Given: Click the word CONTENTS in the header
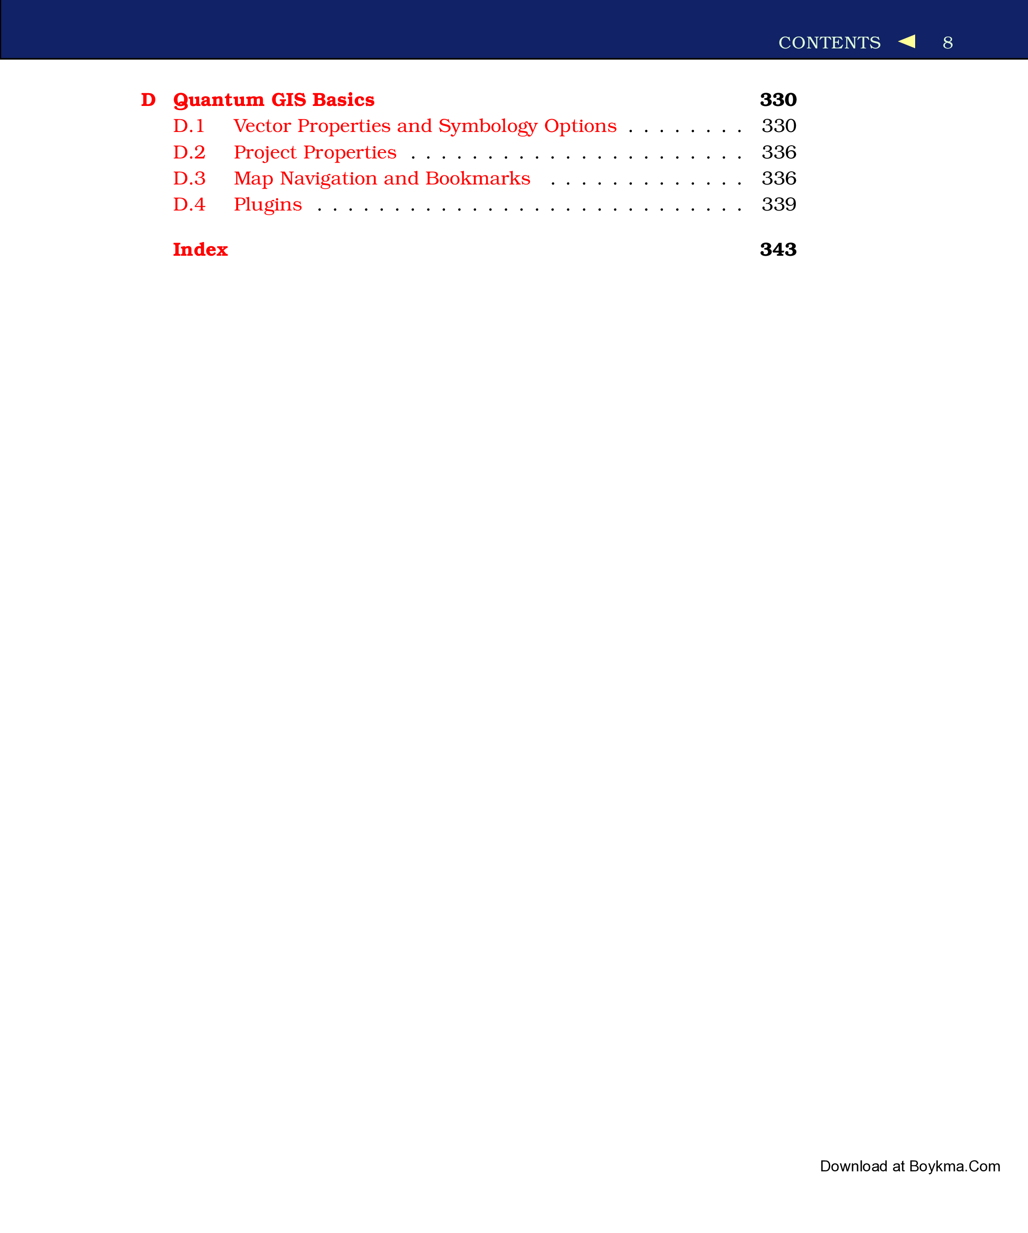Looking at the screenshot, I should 829,43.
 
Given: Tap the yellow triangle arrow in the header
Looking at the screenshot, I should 907,41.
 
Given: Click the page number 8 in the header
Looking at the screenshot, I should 948,43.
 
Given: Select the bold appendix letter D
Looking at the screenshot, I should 148,100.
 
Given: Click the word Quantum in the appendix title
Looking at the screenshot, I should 218,100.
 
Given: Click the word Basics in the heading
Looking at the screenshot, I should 343,100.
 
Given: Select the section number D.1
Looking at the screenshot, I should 189,126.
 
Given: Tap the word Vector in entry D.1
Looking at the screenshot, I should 262,126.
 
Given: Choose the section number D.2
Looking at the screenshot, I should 189,153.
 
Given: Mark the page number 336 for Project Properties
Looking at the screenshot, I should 779,153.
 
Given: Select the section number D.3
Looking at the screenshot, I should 189,179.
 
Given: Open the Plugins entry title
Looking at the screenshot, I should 268,205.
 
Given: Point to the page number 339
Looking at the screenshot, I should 779,205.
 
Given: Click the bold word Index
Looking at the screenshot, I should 200,249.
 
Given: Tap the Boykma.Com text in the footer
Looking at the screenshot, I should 954,1167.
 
